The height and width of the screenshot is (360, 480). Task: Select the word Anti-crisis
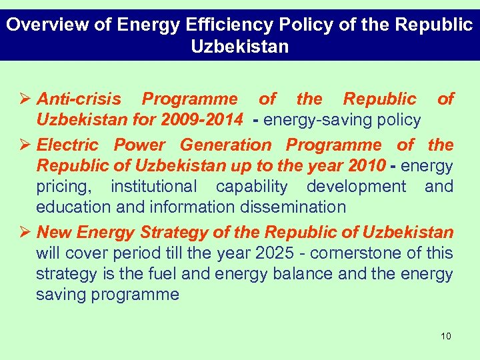(79, 99)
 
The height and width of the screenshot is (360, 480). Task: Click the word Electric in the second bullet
(67, 145)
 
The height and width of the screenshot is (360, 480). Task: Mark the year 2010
(366, 165)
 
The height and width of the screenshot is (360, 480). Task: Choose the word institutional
(153, 186)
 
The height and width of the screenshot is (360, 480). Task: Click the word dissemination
(290, 207)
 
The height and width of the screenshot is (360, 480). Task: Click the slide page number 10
(446, 336)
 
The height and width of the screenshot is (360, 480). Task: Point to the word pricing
(63, 187)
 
